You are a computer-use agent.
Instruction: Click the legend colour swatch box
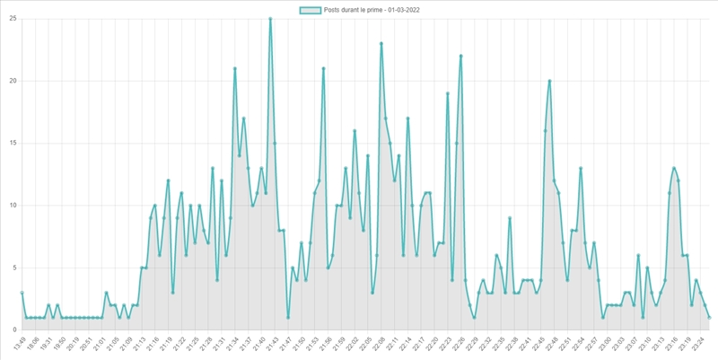click(x=311, y=10)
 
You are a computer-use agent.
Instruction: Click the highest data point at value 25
click(x=270, y=19)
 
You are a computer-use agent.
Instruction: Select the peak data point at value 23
click(x=381, y=43)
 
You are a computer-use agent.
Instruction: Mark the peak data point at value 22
click(x=460, y=56)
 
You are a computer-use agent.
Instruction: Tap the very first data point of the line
click(x=22, y=293)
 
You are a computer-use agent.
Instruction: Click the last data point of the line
click(x=709, y=317)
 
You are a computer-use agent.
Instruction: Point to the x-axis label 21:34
click(x=232, y=343)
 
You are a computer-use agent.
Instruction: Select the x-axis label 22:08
click(x=379, y=343)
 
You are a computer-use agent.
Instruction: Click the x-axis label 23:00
click(x=605, y=343)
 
